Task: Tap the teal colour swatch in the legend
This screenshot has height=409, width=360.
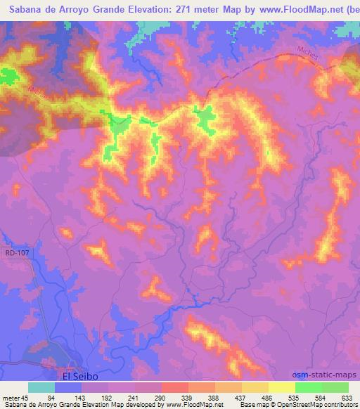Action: [x=41, y=388]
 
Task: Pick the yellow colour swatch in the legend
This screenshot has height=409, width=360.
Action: [x=281, y=388]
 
